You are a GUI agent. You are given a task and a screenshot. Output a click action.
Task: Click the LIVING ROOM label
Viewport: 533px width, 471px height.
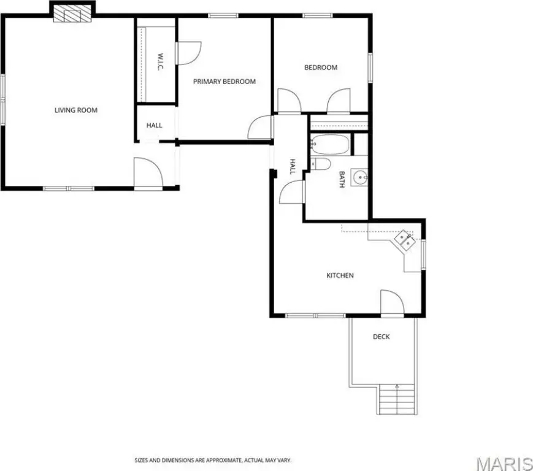pyautogui.click(x=76, y=110)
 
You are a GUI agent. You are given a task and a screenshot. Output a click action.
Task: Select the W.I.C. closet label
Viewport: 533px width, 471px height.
pyautogui.click(x=161, y=61)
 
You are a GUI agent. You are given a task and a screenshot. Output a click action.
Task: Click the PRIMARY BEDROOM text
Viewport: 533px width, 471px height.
pyautogui.click(x=224, y=82)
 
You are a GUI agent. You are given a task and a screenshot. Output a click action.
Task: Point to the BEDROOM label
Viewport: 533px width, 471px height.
pyautogui.click(x=321, y=67)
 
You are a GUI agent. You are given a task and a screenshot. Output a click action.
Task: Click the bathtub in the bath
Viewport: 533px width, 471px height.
pyautogui.click(x=330, y=144)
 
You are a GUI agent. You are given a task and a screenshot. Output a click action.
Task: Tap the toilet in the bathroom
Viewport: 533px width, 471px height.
pyautogui.click(x=321, y=164)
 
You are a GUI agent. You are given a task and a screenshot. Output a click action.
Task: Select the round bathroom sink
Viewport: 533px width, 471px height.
pyautogui.click(x=359, y=177)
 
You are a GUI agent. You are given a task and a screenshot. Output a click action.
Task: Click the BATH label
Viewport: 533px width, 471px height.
pyautogui.click(x=342, y=179)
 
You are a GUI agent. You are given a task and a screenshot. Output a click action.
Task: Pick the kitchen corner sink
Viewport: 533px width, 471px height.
pyautogui.click(x=404, y=239)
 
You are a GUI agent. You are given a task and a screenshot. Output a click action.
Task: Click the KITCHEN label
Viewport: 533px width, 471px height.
pyautogui.click(x=340, y=275)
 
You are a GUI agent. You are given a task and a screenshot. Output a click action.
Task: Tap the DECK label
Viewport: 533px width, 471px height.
pyautogui.click(x=382, y=337)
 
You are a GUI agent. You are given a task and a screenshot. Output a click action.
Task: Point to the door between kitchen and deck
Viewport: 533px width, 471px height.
pyautogui.click(x=392, y=303)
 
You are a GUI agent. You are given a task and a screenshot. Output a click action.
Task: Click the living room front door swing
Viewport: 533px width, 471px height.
pyautogui.click(x=148, y=172)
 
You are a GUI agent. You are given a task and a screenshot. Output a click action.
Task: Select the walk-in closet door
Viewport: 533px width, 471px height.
pyautogui.click(x=188, y=53)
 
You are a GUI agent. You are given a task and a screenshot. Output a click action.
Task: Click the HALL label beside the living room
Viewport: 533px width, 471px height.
pyautogui.click(x=154, y=125)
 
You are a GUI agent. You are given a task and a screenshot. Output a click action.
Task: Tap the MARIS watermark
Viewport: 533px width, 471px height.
pyautogui.click(x=504, y=464)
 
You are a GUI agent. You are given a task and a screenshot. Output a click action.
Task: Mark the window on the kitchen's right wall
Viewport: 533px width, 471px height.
pyautogui.click(x=424, y=254)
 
